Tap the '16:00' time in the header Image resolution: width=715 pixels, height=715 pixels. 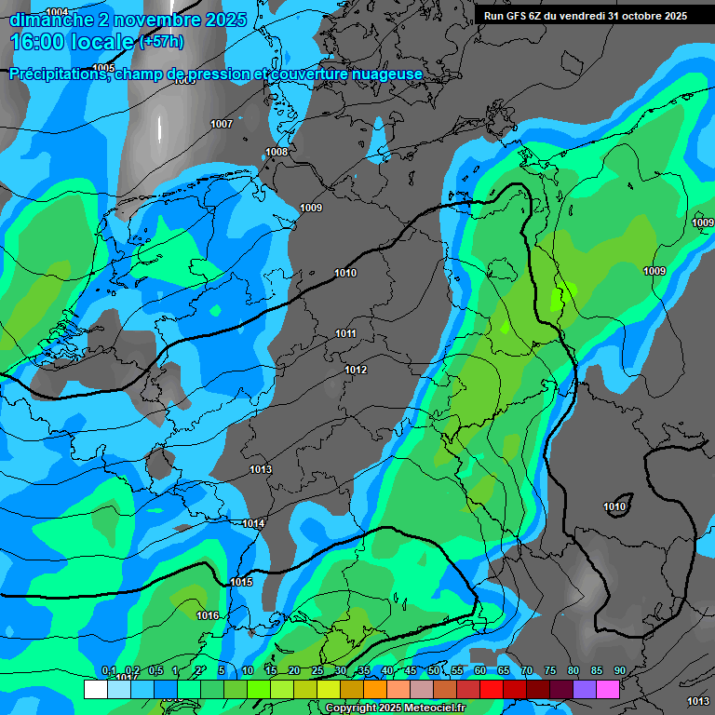point(38,42)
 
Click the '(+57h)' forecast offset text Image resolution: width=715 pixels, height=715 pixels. point(161,42)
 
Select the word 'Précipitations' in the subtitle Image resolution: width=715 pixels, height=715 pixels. point(57,74)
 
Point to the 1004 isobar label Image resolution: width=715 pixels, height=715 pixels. point(57,12)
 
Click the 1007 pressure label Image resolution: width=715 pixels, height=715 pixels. point(222,124)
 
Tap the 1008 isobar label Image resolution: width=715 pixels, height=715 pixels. point(277,152)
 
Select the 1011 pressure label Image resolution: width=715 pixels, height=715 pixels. point(345,333)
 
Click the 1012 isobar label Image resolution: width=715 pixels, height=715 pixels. point(356,370)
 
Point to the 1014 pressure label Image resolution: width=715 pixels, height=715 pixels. point(253,524)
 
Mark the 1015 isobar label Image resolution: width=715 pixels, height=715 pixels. point(241,582)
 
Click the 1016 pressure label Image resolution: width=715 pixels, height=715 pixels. point(208,615)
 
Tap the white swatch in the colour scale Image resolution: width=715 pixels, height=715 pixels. point(95,689)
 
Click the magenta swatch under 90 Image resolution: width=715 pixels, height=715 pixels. point(608,689)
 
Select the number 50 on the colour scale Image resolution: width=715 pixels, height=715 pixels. point(434,671)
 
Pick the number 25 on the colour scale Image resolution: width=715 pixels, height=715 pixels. point(317,671)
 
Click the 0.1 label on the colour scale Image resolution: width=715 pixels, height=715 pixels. point(108,671)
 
